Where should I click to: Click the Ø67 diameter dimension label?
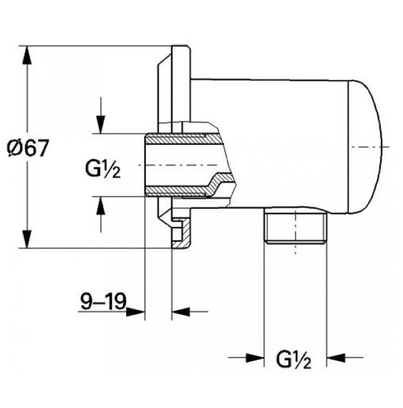tap(28, 148)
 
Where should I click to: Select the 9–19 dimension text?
tap(103, 301)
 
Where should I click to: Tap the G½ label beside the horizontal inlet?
tap(103, 169)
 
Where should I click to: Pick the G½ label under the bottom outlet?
tap(294, 360)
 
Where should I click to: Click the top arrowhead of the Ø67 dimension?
tap(27, 55)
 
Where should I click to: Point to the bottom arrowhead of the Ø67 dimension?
tap(27, 239)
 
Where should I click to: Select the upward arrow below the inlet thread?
tap(101, 214)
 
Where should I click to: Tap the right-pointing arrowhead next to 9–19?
tap(136, 311)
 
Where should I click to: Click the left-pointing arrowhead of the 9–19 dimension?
tap(181, 311)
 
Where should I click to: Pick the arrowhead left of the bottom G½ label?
tap(255, 358)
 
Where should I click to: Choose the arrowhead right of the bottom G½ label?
tap(336, 358)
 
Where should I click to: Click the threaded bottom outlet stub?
tap(296, 225)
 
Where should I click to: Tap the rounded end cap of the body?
tap(365, 147)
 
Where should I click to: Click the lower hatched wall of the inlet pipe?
tap(190, 186)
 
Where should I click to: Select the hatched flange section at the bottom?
tap(181, 232)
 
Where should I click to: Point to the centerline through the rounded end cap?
tap(370, 147)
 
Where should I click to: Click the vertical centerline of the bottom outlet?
tap(296, 232)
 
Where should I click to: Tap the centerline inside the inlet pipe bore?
tap(177, 165)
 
